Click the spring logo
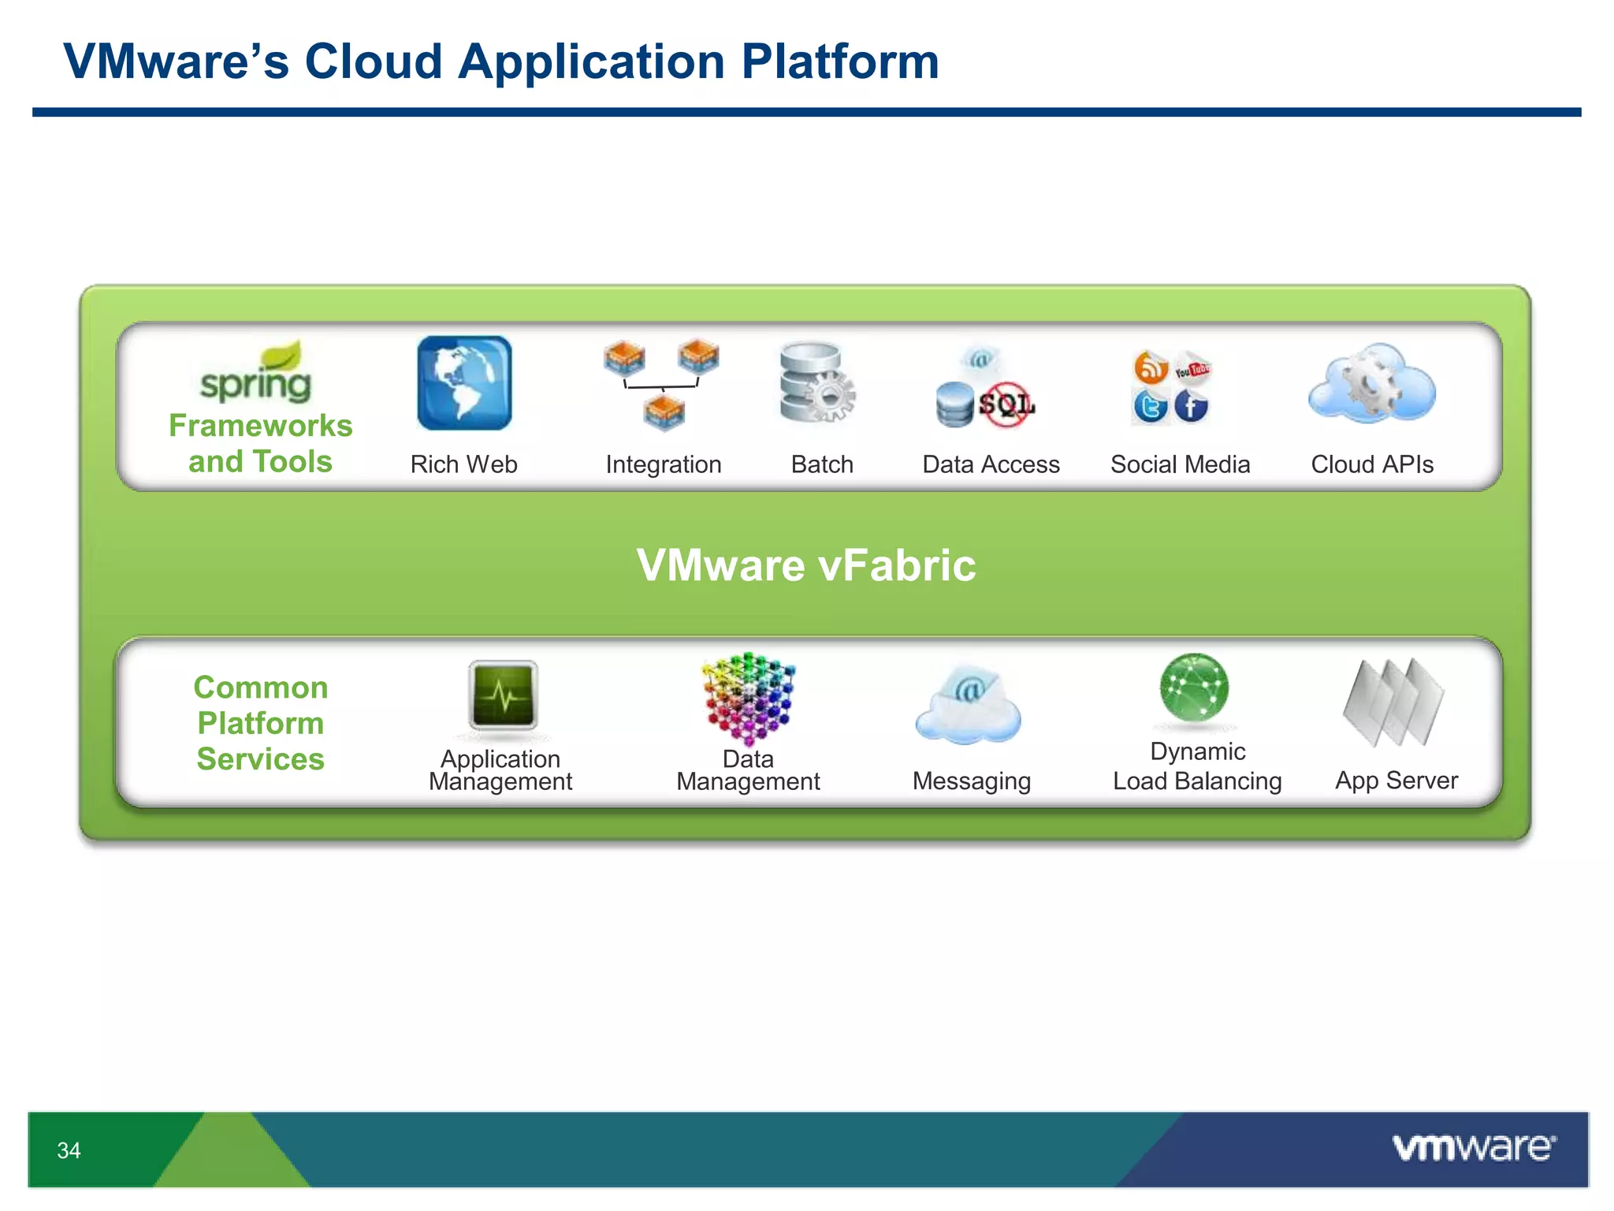pos(256,374)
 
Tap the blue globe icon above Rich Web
pos(464,383)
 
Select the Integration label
pos(663,464)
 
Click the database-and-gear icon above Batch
pos(816,383)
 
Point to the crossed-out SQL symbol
pos(1006,404)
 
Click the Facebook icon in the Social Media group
pos(1191,407)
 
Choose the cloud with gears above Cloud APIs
pos(1371,384)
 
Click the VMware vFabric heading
pos(805,565)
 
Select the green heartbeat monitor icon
pos(503,695)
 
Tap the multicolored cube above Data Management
pos(748,697)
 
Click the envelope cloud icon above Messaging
pos(968,705)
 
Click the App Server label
pos(1396,780)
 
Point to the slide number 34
pos(69,1150)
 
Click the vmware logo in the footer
pos(1473,1147)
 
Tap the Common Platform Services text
pos(260,723)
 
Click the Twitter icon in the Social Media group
pos(1150,407)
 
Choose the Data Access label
pos(991,464)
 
